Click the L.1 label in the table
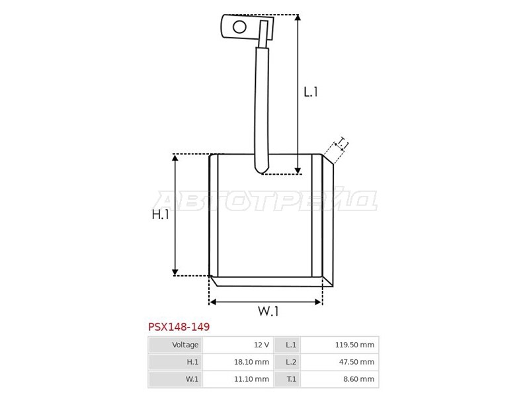[x=291, y=345]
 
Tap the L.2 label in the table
[x=291, y=362]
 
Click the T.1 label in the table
[x=291, y=379]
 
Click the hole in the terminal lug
[x=239, y=27]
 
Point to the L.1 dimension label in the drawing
[x=311, y=93]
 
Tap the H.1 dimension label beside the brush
[x=161, y=215]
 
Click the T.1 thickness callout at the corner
[x=342, y=143]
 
